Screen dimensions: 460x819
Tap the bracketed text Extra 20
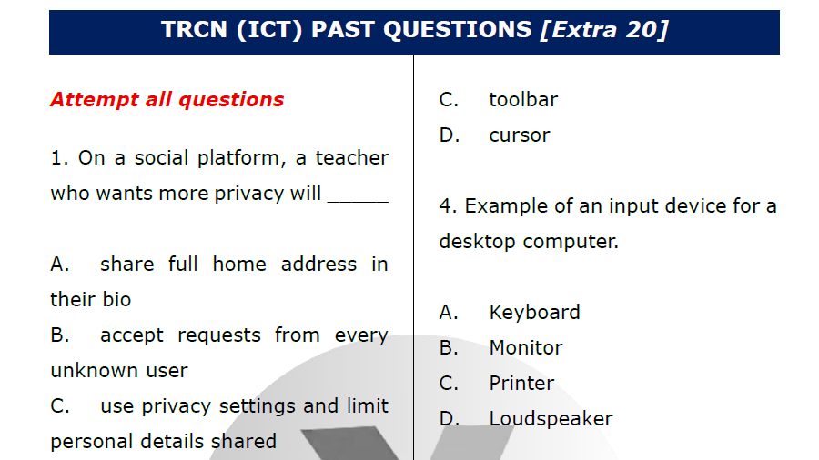(x=604, y=30)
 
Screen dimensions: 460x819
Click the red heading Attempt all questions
(x=167, y=99)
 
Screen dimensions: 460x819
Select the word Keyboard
(x=534, y=312)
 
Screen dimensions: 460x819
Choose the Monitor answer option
(x=526, y=347)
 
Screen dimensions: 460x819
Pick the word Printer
(x=521, y=383)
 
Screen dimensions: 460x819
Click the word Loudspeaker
(x=551, y=418)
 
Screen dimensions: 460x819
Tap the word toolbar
(x=523, y=99)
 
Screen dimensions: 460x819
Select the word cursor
(x=520, y=135)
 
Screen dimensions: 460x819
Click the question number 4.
(x=446, y=205)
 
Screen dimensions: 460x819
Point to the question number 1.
(x=58, y=157)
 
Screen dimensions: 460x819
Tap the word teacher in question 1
(x=352, y=157)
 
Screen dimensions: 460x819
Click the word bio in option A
(x=116, y=299)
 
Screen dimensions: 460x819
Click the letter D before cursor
(x=449, y=135)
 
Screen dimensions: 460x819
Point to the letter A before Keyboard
(x=448, y=312)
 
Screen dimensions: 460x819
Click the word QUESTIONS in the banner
(x=457, y=30)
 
